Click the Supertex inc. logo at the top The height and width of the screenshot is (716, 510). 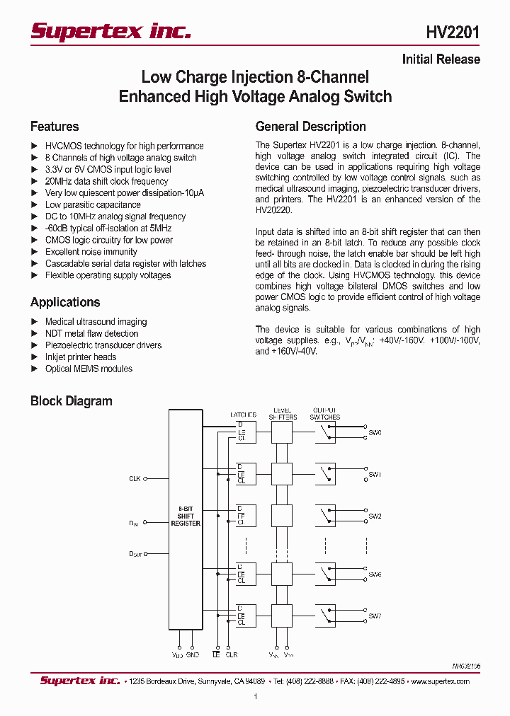click(x=110, y=31)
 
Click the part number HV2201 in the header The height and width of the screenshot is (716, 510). click(x=453, y=32)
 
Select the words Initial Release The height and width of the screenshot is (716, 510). click(x=441, y=59)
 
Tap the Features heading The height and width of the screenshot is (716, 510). click(x=55, y=127)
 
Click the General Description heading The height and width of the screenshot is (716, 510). click(x=310, y=127)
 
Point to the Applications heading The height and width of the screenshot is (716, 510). click(x=65, y=302)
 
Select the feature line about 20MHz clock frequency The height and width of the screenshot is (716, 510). click(x=106, y=181)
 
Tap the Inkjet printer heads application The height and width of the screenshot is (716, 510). click(x=81, y=357)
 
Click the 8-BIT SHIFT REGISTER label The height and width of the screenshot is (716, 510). click(x=186, y=516)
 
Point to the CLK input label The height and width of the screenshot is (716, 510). click(x=135, y=479)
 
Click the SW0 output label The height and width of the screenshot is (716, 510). click(x=375, y=432)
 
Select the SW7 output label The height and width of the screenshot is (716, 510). click(x=375, y=616)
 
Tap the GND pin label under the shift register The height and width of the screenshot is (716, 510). click(x=193, y=654)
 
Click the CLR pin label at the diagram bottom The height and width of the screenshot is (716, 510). click(x=231, y=654)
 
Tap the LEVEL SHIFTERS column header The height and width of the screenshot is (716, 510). click(x=283, y=413)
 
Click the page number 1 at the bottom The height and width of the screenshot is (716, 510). click(x=255, y=697)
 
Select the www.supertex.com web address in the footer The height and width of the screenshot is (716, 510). click(x=440, y=681)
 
